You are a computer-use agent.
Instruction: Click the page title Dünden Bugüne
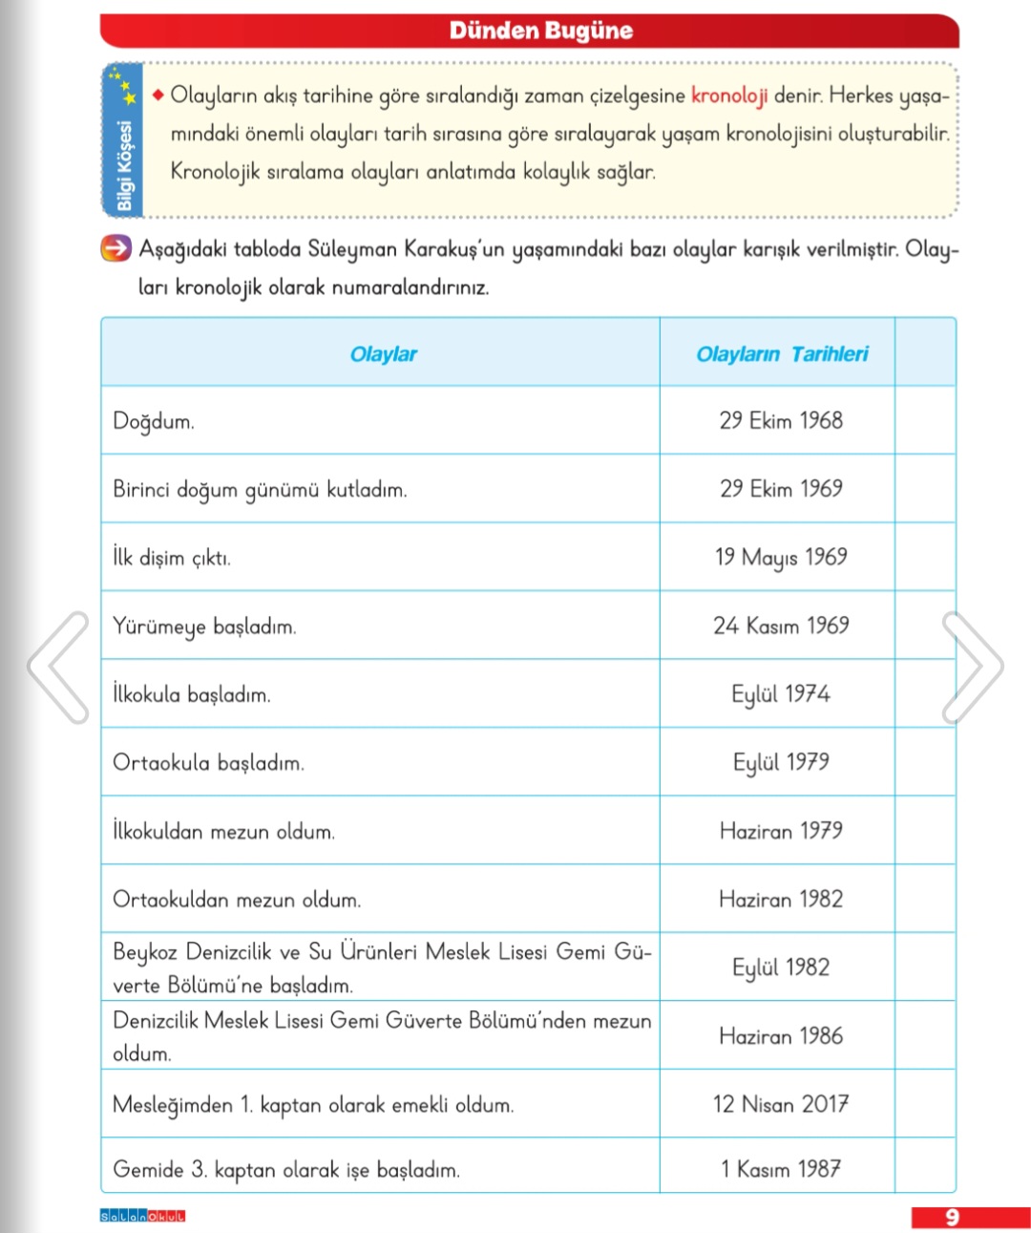pos(540,31)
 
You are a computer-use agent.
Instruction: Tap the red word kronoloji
pos(729,96)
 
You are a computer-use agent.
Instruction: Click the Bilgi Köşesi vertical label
pos(124,164)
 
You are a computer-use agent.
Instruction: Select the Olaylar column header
pos(383,354)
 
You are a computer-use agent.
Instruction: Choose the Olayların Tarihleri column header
pos(782,354)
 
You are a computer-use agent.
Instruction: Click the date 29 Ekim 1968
pos(781,420)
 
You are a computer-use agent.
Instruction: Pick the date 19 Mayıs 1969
pos(781,557)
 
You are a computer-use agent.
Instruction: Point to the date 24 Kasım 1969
pos(781,626)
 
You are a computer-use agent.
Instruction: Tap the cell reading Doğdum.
pos(154,421)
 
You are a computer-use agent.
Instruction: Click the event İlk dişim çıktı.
pos(172,558)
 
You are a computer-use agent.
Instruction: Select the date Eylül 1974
pos(781,694)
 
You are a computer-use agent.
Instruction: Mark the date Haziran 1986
pos(781,1036)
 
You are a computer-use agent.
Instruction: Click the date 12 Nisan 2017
pos(781,1104)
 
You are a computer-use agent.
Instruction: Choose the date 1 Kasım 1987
pos(781,1169)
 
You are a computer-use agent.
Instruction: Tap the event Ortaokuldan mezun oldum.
pos(237,900)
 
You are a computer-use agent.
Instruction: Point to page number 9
pos(952,1217)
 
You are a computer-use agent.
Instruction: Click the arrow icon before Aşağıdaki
pos(116,249)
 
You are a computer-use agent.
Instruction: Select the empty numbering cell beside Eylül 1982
pos(925,967)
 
